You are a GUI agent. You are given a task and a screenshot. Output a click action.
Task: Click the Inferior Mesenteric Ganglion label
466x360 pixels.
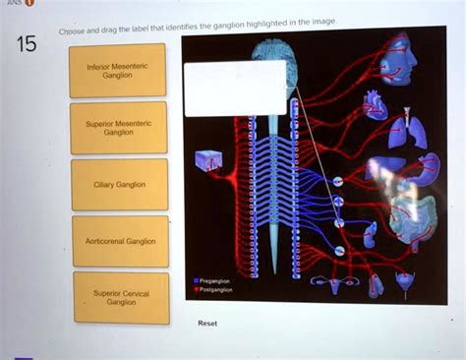tap(117, 70)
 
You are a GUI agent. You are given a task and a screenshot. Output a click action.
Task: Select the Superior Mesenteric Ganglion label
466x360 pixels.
tap(117, 127)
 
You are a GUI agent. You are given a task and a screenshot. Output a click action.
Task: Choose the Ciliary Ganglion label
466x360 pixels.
tap(118, 184)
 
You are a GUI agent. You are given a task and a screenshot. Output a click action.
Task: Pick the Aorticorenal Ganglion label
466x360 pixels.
tap(118, 241)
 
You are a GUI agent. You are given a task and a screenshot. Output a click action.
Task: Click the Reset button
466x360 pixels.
tap(207, 322)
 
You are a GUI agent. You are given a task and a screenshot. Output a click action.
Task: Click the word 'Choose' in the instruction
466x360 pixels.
tap(72, 31)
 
